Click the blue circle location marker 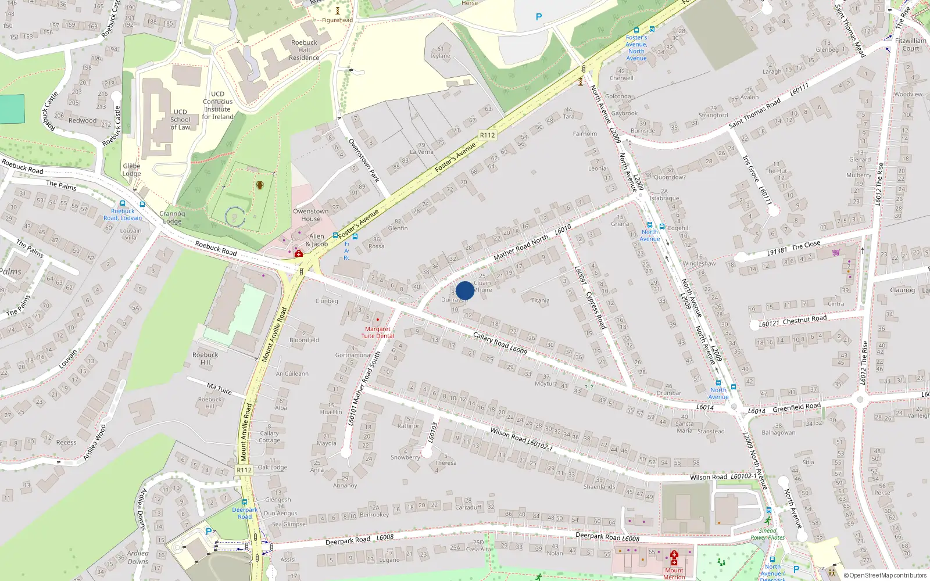(465, 290)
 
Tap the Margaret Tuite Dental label (378, 332)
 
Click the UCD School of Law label (180, 120)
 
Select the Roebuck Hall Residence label (304, 50)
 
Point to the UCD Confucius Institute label (217, 105)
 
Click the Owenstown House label (310, 215)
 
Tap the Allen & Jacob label (317, 240)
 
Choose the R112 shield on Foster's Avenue (487, 135)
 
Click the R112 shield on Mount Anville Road (244, 470)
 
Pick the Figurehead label (337, 20)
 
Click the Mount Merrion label (674, 573)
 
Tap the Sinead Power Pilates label (767, 534)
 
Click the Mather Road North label (521, 248)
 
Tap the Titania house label (540, 300)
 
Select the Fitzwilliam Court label (911, 44)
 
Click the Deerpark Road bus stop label (245, 513)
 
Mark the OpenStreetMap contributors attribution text (885, 576)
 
